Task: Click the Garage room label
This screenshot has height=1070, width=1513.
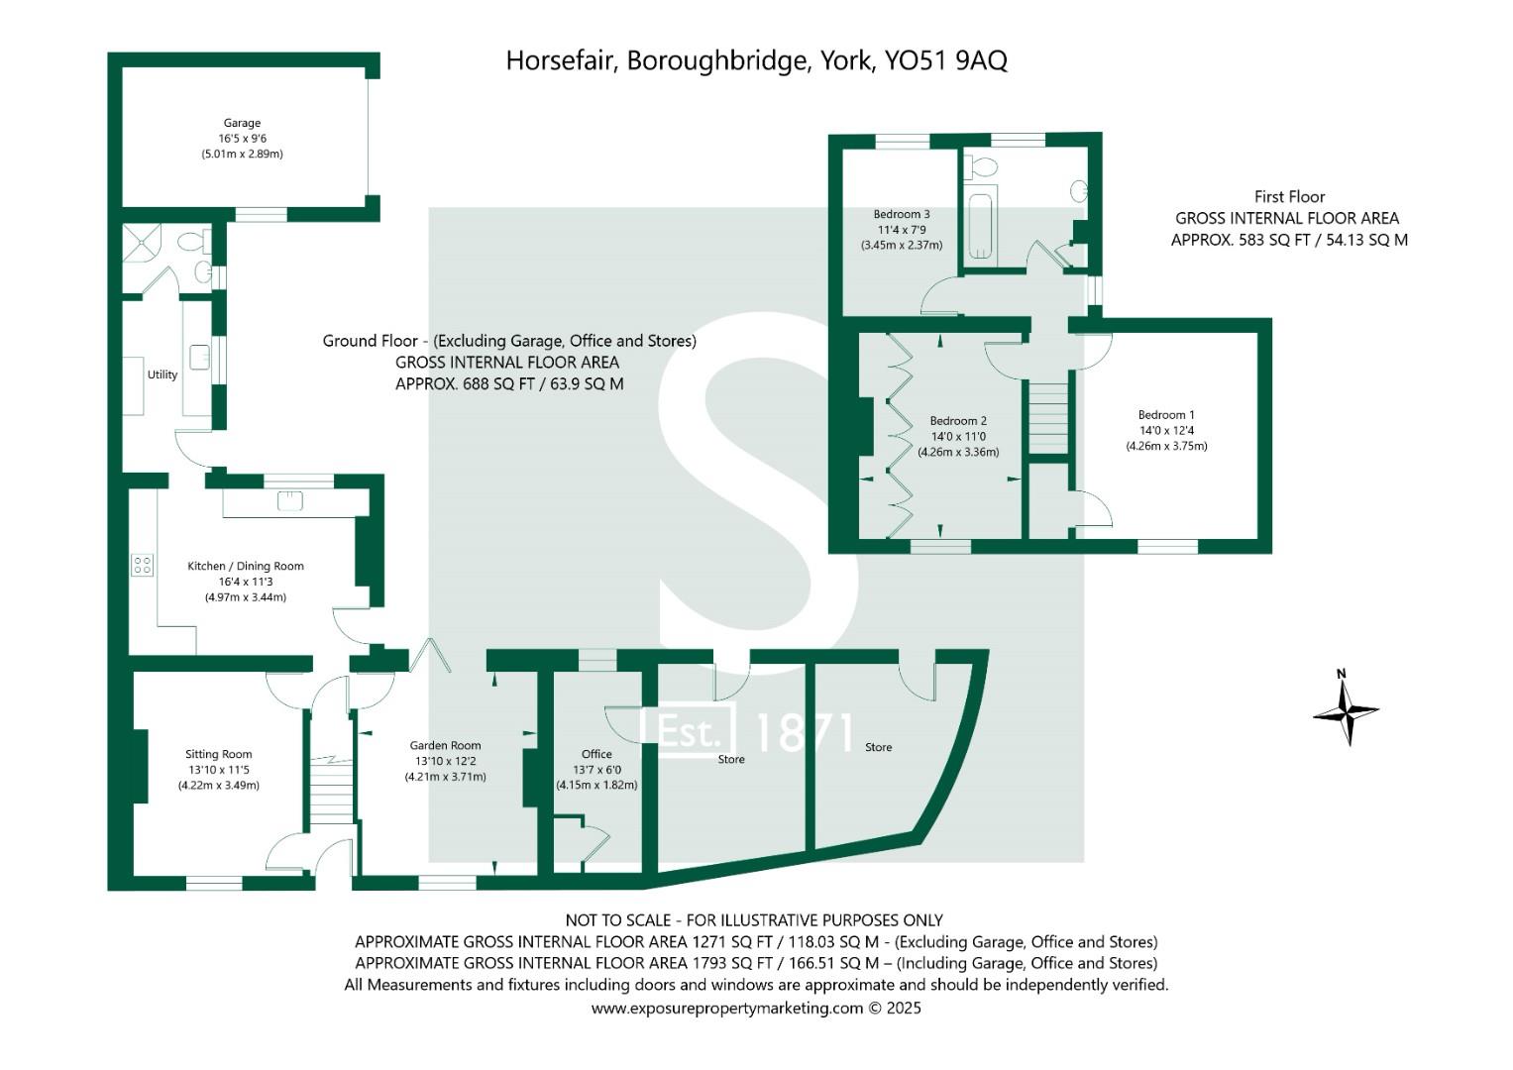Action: (242, 123)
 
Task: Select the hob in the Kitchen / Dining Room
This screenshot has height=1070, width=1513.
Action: (143, 566)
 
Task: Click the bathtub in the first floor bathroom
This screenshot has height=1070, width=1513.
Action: (982, 226)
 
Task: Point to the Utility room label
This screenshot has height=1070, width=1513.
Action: (162, 374)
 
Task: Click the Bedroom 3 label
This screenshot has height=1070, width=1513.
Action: (901, 214)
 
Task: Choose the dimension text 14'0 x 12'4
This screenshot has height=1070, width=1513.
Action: (1166, 430)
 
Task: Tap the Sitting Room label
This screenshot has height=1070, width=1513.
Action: (218, 754)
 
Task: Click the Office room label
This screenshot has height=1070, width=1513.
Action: (596, 754)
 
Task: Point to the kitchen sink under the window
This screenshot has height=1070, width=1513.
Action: (289, 500)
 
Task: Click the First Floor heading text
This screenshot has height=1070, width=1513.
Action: (1289, 196)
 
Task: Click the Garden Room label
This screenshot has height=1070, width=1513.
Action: (445, 745)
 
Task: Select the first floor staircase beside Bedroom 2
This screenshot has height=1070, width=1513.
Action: (1048, 417)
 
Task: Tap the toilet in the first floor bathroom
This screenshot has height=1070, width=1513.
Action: (982, 165)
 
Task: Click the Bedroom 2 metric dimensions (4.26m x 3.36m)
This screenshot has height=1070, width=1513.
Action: (958, 452)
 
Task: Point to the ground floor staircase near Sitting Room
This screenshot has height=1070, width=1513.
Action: (331, 790)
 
